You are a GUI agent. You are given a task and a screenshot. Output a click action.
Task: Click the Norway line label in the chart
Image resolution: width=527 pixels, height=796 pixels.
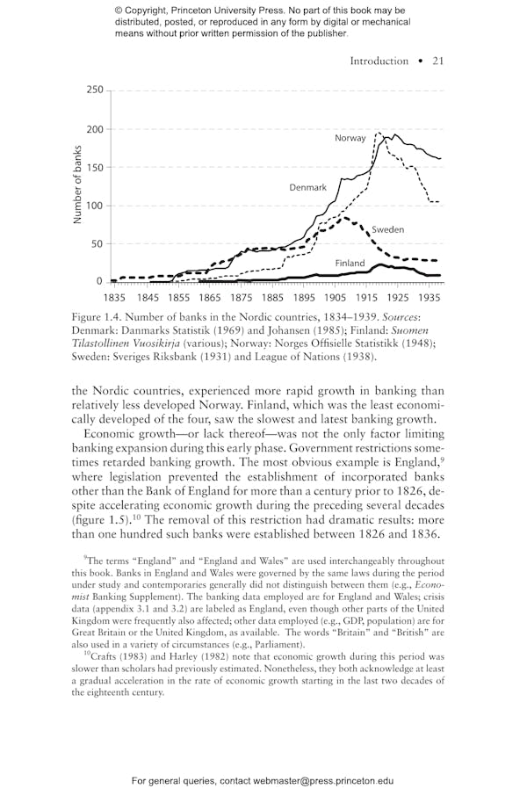click(x=350, y=139)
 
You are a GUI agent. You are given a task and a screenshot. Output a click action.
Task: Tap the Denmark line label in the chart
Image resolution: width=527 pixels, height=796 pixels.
click(x=307, y=188)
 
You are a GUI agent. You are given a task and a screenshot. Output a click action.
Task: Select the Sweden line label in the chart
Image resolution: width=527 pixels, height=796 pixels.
click(x=387, y=230)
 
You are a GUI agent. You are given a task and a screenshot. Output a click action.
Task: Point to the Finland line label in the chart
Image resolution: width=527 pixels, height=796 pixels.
click(x=349, y=264)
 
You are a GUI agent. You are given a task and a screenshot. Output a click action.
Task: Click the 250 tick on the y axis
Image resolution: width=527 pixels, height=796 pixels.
click(x=93, y=90)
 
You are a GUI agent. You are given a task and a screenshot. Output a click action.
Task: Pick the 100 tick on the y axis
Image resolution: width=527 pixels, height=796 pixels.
click(x=93, y=206)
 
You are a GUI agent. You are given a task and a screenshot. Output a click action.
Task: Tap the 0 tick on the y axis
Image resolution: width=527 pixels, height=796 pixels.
click(x=98, y=282)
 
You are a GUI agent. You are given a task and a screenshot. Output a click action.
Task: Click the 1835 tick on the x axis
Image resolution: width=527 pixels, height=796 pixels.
click(x=114, y=298)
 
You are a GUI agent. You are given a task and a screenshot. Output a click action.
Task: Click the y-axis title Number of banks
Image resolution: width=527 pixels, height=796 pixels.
click(x=77, y=185)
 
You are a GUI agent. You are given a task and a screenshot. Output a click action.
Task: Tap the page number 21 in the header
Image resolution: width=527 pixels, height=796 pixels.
click(x=437, y=61)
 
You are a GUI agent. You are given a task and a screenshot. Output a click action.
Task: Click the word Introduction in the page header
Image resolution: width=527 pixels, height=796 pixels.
click(x=379, y=61)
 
